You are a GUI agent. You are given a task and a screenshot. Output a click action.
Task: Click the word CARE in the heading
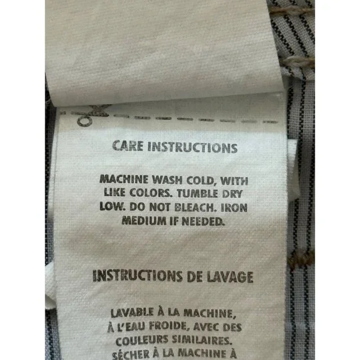[128, 146]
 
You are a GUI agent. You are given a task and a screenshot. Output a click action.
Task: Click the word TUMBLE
[197, 194]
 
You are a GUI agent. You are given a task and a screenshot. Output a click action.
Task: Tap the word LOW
[112, 207]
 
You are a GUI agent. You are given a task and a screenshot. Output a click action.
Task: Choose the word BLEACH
[196, 207]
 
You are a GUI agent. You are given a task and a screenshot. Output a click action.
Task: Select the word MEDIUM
[144, 220]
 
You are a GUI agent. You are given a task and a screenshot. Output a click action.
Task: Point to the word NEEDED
[203, 222]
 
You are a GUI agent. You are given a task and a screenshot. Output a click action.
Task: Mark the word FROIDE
[169, 326]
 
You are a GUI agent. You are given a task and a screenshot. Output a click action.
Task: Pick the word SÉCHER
[131, 354]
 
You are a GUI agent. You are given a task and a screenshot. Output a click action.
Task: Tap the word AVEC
[205, 327]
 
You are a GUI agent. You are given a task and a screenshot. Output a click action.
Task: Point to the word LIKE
[114, 192]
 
